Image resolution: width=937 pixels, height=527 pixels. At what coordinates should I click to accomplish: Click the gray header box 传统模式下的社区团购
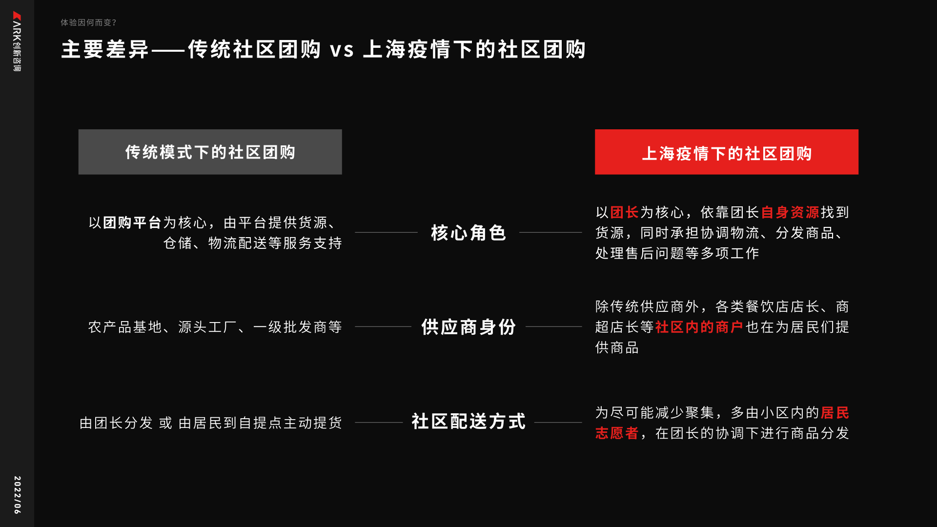210,152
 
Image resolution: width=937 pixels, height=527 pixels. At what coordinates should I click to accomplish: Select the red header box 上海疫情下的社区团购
726,152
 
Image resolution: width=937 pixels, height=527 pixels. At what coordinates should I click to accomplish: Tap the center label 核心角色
468,233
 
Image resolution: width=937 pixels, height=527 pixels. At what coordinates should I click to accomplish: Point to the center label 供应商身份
468,327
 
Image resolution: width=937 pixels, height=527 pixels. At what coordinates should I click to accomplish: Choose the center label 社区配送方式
468,422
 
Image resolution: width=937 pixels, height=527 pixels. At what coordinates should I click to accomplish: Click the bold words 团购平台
132,223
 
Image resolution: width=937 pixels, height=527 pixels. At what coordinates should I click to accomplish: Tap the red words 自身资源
790,212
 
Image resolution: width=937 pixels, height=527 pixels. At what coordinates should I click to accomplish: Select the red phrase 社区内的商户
699,327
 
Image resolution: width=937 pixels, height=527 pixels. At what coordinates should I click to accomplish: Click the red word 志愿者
617,433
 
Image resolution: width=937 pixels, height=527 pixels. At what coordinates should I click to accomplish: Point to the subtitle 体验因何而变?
88,22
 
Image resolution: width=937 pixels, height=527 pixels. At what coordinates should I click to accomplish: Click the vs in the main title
342,50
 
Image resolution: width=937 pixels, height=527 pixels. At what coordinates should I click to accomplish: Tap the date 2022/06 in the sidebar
17,495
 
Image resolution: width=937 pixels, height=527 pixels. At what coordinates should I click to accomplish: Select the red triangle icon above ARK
17,16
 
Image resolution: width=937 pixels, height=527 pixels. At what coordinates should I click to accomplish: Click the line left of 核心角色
386,232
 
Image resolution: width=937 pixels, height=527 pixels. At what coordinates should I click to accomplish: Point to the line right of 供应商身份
553,326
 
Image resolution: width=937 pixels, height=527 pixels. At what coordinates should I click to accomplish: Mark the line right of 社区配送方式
558,422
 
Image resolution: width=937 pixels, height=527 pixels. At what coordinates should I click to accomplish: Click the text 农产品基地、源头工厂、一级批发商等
215,327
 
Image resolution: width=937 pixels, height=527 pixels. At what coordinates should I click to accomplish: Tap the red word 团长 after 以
624,212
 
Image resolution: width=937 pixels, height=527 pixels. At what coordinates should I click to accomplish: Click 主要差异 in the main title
105,50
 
